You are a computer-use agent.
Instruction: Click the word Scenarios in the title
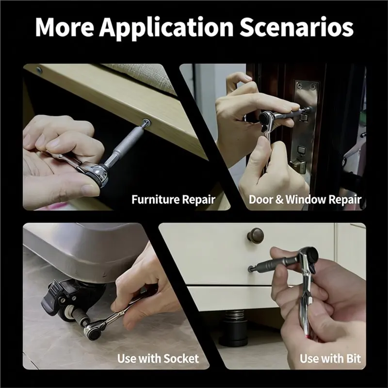point(296,27)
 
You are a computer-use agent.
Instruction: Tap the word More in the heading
point(65,27)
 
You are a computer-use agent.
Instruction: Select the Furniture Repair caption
point(173,199)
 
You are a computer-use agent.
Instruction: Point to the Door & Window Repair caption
point(305,199)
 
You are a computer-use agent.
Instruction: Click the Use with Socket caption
point(158,358)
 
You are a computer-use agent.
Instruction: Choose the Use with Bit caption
point(330,358)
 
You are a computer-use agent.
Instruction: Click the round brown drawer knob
point(255,235)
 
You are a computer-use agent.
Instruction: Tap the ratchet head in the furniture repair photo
point(98,175)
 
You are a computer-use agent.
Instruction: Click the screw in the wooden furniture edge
point(146,123)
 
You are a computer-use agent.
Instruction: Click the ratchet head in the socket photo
point(94,331)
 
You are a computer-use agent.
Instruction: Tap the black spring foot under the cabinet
point(234,328)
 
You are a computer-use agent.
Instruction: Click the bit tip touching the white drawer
point(251,269)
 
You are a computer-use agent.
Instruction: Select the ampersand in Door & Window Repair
point(279,199)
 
